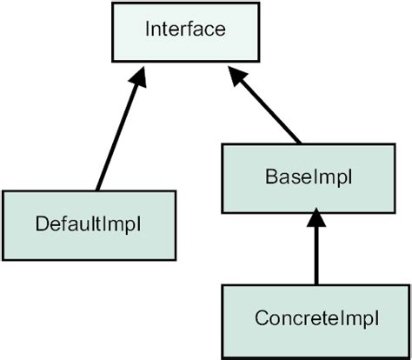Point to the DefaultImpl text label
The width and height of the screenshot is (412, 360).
click(x=89, y=223)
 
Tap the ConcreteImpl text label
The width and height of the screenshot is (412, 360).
click(x=317, y=318)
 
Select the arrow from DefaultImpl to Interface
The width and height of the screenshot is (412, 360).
click(x=116, y=130)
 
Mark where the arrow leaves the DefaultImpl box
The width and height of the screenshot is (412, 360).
click(x=97, y=190)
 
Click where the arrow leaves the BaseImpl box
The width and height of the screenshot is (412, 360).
click(x=300, y=142)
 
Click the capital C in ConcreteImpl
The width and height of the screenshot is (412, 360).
click(x=262, y=318)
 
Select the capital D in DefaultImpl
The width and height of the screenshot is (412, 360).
click(x=42, y=223)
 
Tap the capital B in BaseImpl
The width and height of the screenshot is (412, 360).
click(x=269, y=177)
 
